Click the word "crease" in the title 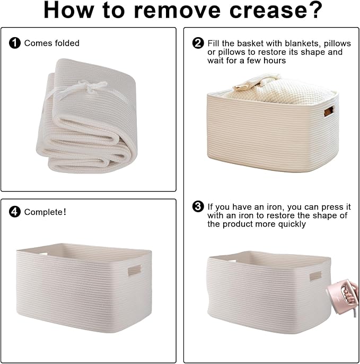point(267,10)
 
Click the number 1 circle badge point(15,43)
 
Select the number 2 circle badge point(198,43)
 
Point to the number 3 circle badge point(198,206)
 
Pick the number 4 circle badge point(15,212)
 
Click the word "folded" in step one point(67,43)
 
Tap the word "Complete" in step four point(43,212)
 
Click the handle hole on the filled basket point(329,111)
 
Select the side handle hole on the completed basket point(135,270)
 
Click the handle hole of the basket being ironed point(315,276)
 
